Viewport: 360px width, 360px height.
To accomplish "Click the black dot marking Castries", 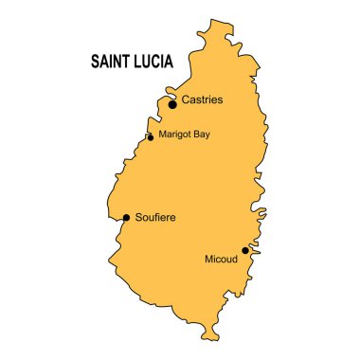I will pos(172,104).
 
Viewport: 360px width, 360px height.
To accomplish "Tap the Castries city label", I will pos(202,99).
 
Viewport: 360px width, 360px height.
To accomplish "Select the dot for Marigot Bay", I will pos(151,138).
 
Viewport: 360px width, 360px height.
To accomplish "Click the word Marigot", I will pos(176,134).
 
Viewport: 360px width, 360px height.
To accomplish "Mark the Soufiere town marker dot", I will pos(126,217).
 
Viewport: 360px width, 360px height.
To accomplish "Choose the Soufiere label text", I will pos(156,217).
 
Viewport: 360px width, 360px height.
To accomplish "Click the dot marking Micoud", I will pos(245,250).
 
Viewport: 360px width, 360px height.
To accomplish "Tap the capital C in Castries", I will pos(186,99).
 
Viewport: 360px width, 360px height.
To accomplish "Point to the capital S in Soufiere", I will pos(139,217).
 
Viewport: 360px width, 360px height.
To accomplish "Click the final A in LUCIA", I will pos(167,64).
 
